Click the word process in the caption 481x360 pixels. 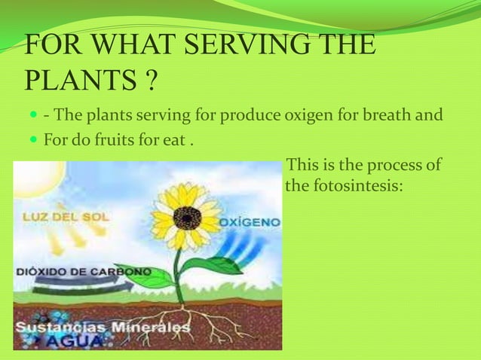pyautogui.click(x=386, y=165)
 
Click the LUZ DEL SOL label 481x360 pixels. pyautogui.click(x=66, y=217)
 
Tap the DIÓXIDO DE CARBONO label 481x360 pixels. pyautogui.click(x=83, y=270)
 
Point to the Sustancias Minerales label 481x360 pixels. pyautogui.click(x=102, y=328)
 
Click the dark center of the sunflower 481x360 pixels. pyautogui.click(x=186, y=218)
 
